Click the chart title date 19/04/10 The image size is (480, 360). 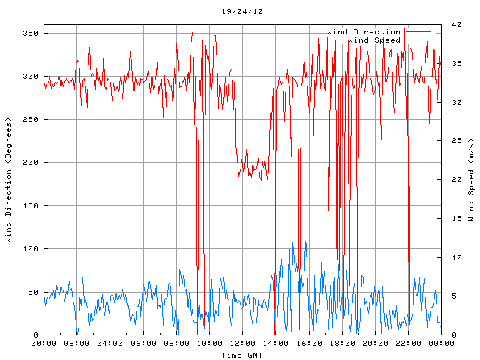point(242,12)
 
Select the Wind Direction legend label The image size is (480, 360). point(364,32)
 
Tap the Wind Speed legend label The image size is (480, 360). point(374,40)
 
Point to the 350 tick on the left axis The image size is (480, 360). point(31,34)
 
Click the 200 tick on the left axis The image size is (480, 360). point(31,163)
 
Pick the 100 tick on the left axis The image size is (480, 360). point(31,249)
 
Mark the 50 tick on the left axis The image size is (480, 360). point(33,292)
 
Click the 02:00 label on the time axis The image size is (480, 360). point(77,343)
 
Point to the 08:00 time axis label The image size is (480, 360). point(176,343)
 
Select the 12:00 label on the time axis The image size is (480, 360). point(242,343)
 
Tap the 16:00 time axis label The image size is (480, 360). point(308,343)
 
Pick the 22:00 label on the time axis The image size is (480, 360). point(407,343)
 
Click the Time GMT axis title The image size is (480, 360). point(242,354)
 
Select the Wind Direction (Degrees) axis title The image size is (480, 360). point(9,180)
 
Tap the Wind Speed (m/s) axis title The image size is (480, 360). point(471,180)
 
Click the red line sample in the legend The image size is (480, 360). point(419,32)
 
